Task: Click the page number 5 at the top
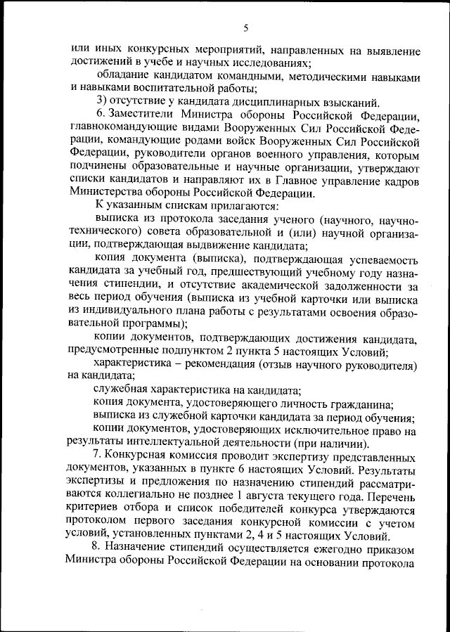click(x=245, y=28)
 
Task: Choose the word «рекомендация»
click(x=212, y=367)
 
